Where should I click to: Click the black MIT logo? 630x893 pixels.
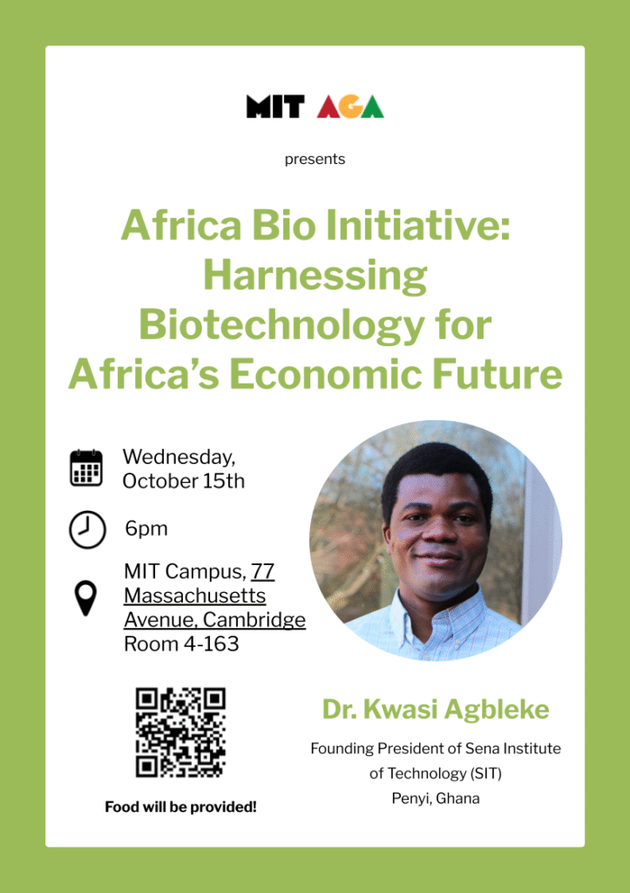(275, 106)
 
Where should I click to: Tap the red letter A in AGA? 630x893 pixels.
(329, 106)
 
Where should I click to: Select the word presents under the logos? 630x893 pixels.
(315, 159)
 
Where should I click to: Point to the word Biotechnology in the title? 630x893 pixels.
(281, 326)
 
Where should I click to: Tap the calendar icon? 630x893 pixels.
(86, 467)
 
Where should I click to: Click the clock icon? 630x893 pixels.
(87, 529)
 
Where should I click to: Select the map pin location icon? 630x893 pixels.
(86, 598)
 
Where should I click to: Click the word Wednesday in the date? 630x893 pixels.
(179, 457)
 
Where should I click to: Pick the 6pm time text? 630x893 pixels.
(146, 529)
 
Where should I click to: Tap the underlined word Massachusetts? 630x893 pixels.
(194, 596)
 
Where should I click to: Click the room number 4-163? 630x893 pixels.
(210, 644)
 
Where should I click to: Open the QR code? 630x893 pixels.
(180, 733)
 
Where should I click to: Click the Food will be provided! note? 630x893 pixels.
(180, 807)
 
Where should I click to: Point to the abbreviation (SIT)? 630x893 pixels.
(485, 774)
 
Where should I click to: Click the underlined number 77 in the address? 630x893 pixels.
(262, 571)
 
